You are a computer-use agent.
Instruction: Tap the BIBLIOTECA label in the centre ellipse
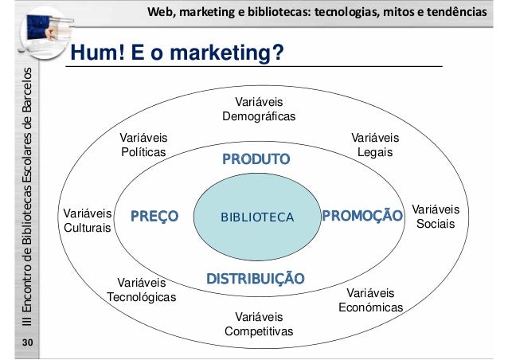[x=257, y=217]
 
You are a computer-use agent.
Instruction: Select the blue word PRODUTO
[x=257, y=160]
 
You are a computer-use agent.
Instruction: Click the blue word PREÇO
[x=154, y=216]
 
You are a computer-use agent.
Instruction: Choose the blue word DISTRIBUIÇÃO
[x=255, y=279]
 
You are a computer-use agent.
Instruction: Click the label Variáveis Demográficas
[x=259, y=110]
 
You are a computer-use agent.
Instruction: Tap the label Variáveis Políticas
[x=143, y=144]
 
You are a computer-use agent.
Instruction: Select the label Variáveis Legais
[x=375, y=144]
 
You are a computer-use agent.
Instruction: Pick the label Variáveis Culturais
[x=88, y=221]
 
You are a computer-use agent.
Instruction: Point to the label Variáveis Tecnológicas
[x=141, y=290]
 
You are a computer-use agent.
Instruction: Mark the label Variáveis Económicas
[x=371, y=300]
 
